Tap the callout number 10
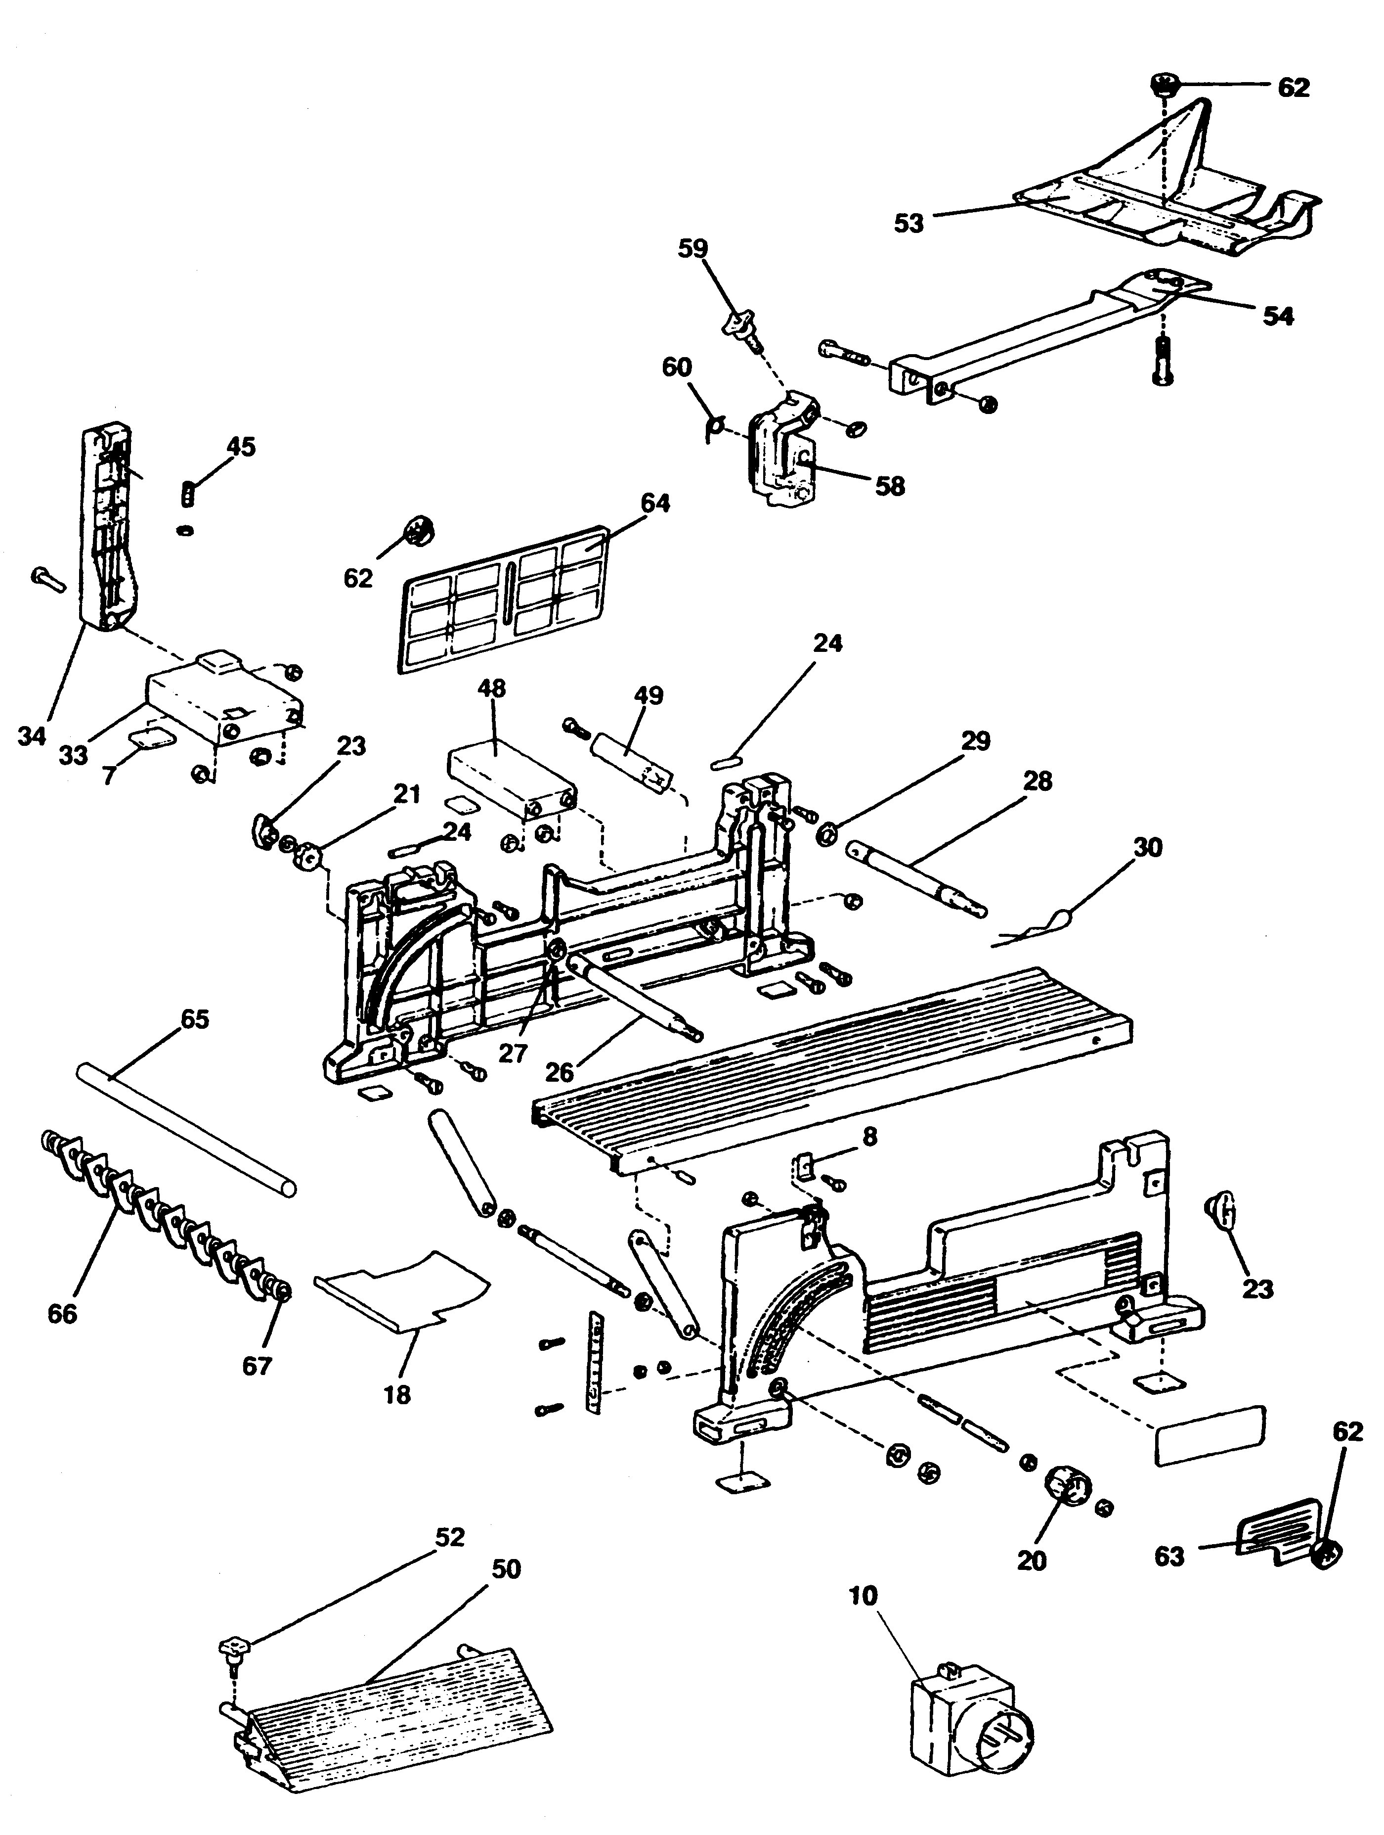[x=863, y=1595]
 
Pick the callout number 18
[x=397, y=1394]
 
